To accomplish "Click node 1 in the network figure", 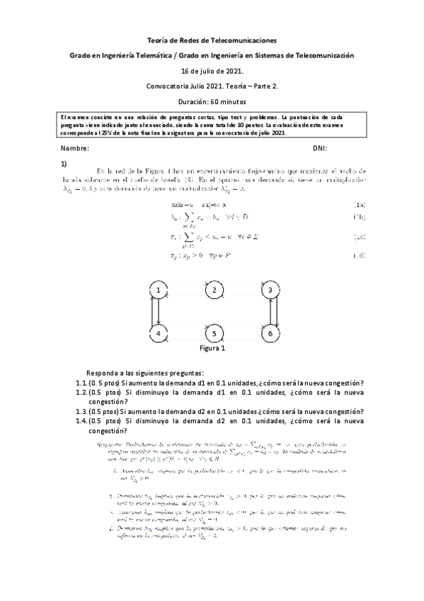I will coord(160,290).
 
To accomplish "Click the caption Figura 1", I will coord(212,349).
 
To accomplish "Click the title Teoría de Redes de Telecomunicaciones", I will coord(212,41).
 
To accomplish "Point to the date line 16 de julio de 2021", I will coord(212,71).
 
